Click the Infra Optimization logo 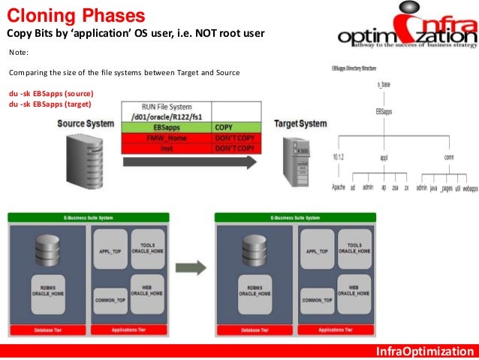point(406,30)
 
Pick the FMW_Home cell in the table point(167,140)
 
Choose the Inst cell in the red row point(167,150)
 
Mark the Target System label point(300,123)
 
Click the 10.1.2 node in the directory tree point(337,156)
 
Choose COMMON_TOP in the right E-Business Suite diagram point(316,298)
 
